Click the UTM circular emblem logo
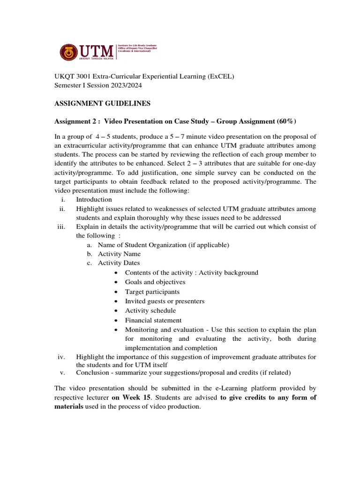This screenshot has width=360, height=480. pyautogui.click(x=69, y=52)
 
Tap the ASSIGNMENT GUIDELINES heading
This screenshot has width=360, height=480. pyautogui.click(x=103, y=104)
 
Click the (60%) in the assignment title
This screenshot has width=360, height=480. pyautogui.click(x=286, y=121)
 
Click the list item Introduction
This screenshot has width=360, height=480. pyautogui.click(x=94, y=199)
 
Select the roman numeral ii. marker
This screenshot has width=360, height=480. pyautogui.click(x=62, y=209)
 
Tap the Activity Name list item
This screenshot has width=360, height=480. pyautogui.click(x=119, y=254)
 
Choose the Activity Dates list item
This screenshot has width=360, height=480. pyautogui.click(x=119, y=263)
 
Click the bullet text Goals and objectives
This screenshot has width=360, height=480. pyautogui.click(x=155, y=282)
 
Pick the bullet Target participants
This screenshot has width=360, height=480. pyautogui.click(x=152, y=292)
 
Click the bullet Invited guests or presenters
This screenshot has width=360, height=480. pyautogui.click(x=165, y=301)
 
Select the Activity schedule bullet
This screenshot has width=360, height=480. pyautogui.click(x=150, y=310)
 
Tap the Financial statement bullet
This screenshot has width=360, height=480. pyautogui.click(x=153, y=320)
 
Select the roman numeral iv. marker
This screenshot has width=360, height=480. pyautogui.click(x=61, y=357)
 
